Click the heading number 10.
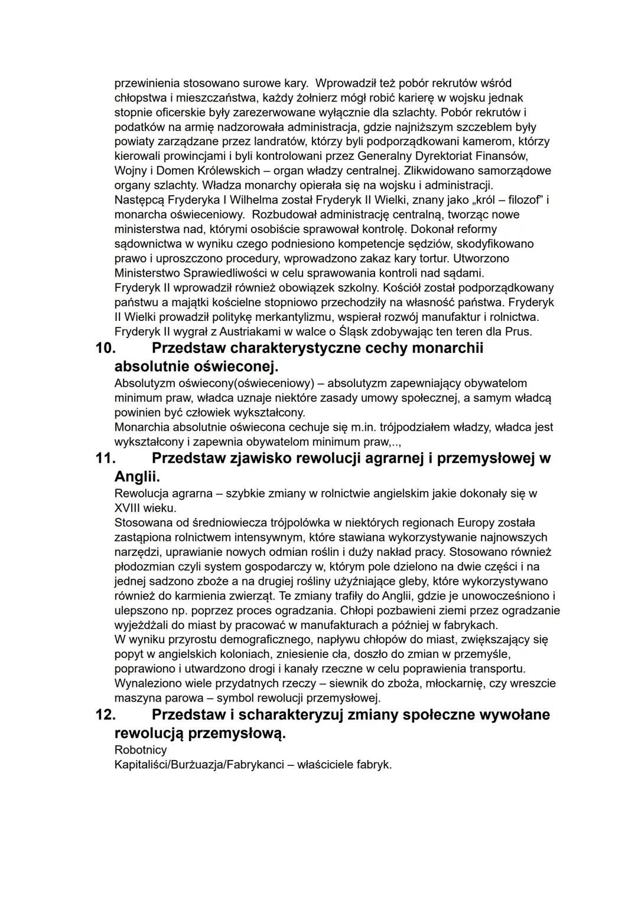point(105,348)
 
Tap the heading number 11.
point(105,458)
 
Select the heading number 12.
point(105,715)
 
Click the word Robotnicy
point(141,750)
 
